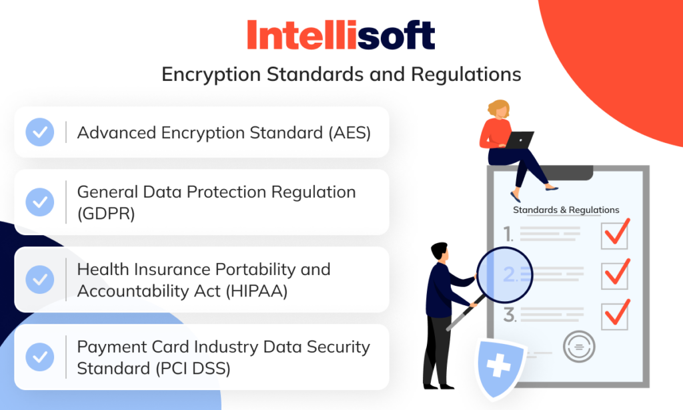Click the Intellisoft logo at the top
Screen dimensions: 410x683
point(341,35)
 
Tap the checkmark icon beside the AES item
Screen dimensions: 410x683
point(40,132)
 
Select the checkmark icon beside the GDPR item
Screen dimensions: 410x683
point(40,201)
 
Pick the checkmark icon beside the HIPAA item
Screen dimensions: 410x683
point(40,279)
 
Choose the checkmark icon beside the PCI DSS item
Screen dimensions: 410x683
point(40,357)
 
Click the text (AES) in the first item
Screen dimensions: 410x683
point(348,132)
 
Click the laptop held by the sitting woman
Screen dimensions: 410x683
point(520,140)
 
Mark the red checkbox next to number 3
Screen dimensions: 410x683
point(615,315)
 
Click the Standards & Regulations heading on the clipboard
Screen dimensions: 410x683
point(566,210)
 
